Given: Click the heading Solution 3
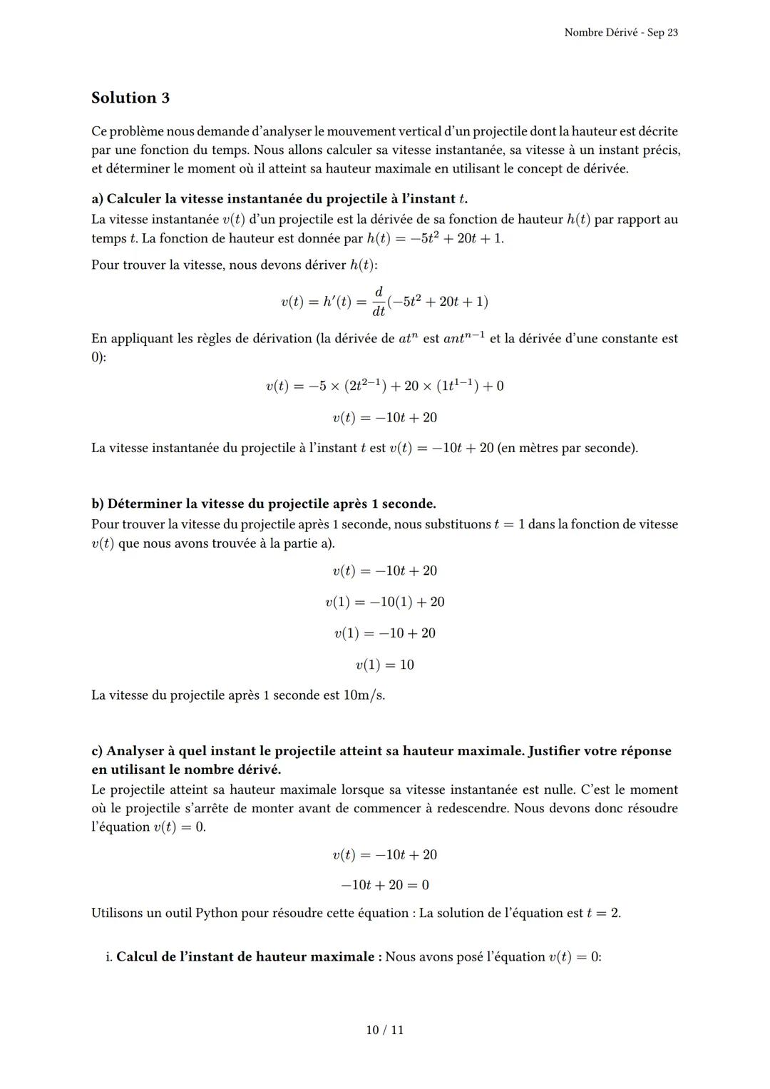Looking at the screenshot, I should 130,98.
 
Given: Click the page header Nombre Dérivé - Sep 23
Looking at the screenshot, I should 620,33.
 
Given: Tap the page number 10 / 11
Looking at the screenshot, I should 384,1030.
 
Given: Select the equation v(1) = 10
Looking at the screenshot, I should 384,665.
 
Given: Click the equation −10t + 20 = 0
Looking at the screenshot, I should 384,885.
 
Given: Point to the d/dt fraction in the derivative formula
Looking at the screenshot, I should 379,301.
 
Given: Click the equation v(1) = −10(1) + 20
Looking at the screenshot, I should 384,602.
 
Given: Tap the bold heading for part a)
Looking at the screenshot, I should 279,199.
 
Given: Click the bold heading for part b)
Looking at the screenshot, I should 263,503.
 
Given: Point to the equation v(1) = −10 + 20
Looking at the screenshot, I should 384,633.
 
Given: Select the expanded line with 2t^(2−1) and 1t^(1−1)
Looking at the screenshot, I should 384,386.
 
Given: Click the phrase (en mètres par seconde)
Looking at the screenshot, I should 568,448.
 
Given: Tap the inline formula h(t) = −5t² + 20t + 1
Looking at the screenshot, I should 434,238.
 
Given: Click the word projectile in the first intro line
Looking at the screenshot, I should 504,131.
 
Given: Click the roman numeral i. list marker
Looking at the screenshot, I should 108,956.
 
